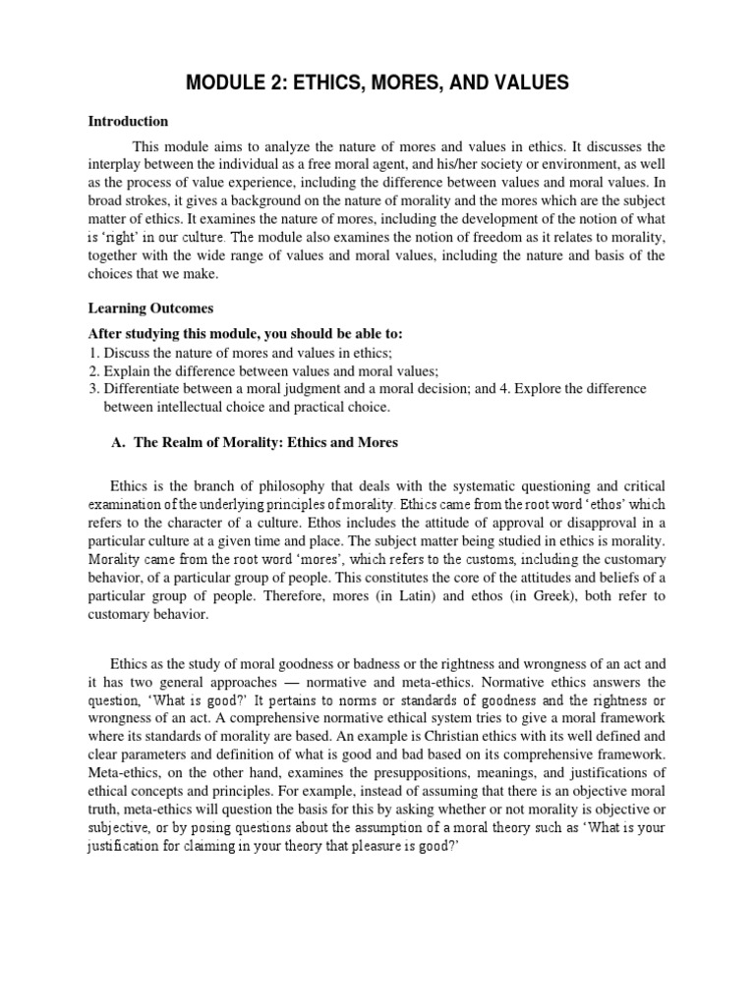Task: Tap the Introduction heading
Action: tap(128, 122)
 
